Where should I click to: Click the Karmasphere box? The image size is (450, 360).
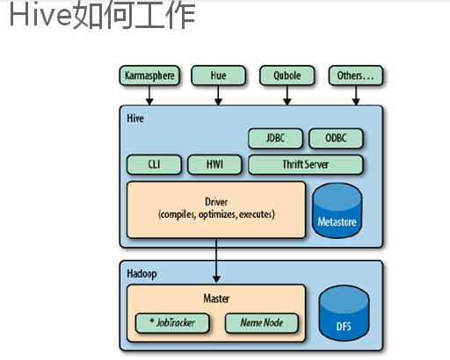149,76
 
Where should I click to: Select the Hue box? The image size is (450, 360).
218,76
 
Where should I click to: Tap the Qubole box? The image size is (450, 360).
287,76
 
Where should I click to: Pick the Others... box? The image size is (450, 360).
356,76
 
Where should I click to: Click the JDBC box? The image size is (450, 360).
275,138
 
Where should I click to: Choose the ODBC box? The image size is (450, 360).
336,138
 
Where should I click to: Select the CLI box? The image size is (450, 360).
154,164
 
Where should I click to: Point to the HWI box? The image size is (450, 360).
214,164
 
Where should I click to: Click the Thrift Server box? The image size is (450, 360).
306,164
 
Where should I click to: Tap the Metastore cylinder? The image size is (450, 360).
337,210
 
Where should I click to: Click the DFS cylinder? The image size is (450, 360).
344,313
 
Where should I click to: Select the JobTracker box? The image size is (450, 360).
172,323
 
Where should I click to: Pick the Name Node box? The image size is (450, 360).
262,323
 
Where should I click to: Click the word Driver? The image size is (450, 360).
216,202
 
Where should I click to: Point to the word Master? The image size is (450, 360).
216,299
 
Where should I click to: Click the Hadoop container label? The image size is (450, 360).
142,274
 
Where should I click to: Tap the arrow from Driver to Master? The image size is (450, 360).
216,261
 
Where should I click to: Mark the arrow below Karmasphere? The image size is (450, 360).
149,96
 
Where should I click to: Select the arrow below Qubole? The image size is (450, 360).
287,96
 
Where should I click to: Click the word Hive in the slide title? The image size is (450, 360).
40,15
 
